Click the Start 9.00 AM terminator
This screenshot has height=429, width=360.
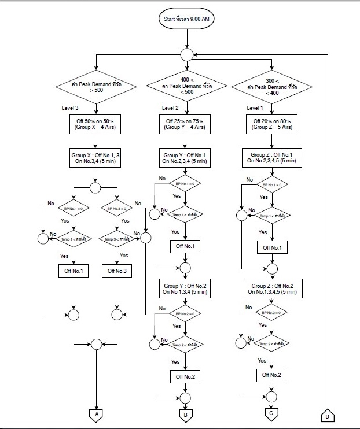(186, 19)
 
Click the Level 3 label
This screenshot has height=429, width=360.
(71, 108)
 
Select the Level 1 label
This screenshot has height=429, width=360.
(256, 108)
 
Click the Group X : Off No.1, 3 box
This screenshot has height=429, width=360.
(95, 158)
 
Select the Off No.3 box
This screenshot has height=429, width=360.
(117, 270)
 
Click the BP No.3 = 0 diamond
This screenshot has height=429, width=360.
(117, 207)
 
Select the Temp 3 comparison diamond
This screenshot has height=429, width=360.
(117, 238)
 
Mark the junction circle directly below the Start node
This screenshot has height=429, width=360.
(186, 54)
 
